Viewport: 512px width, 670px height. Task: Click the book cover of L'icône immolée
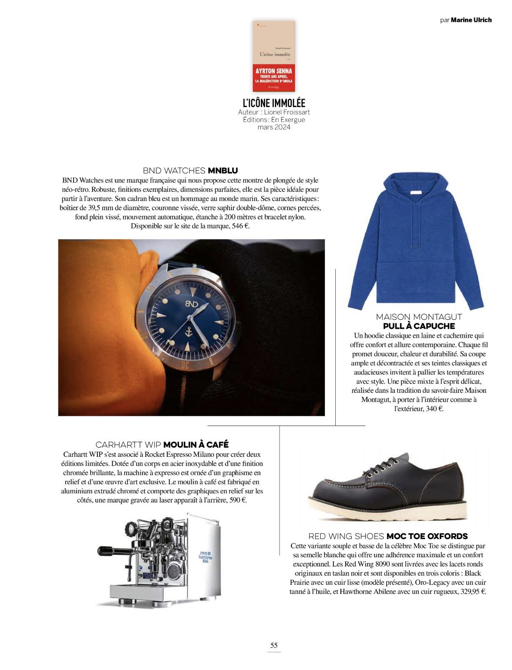pos(274,56)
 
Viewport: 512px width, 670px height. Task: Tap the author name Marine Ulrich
pos(471,20)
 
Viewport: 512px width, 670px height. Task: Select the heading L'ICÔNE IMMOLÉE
pos(274,103)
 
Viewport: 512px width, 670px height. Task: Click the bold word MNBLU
pos(223,171)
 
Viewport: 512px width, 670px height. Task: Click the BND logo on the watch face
pos(192,304)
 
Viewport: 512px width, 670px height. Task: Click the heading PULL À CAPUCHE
pos(419,326)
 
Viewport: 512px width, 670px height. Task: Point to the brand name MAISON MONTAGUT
pos(419,317)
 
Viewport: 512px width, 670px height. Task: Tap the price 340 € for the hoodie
pos(434,409)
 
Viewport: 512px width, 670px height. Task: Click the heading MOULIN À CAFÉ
pos(196,445)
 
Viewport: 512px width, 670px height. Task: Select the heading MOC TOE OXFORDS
pos(427,536)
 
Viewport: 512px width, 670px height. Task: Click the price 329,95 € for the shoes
pos(473,592)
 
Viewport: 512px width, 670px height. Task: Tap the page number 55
pos(274,645)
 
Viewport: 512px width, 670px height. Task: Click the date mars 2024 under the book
pos(274,127)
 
